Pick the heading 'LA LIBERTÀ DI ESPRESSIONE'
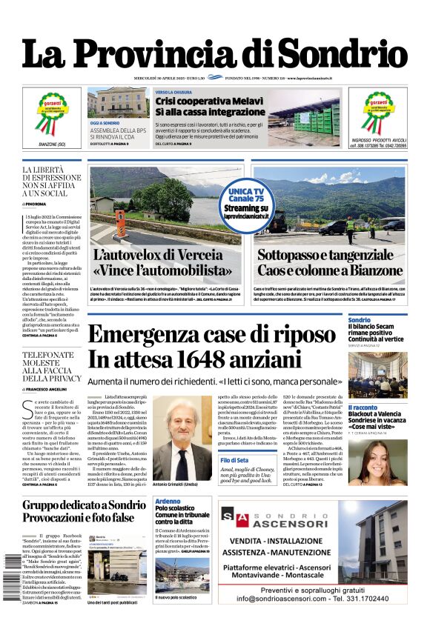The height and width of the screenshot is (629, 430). tap(52, 176)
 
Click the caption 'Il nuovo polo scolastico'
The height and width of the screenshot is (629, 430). tap(176, 596)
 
